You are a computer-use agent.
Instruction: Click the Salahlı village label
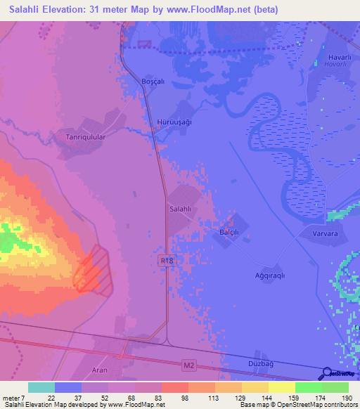tap(181, 209)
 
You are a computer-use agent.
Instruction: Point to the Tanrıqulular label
tap(85, 138)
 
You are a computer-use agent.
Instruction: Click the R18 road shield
tap(165, 260)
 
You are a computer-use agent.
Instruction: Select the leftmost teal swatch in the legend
tap(41, 387)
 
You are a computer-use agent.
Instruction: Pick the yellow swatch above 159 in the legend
tap(281, 387)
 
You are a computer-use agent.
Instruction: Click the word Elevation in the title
tap(74, 10)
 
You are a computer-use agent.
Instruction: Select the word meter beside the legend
tap(11, 398)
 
